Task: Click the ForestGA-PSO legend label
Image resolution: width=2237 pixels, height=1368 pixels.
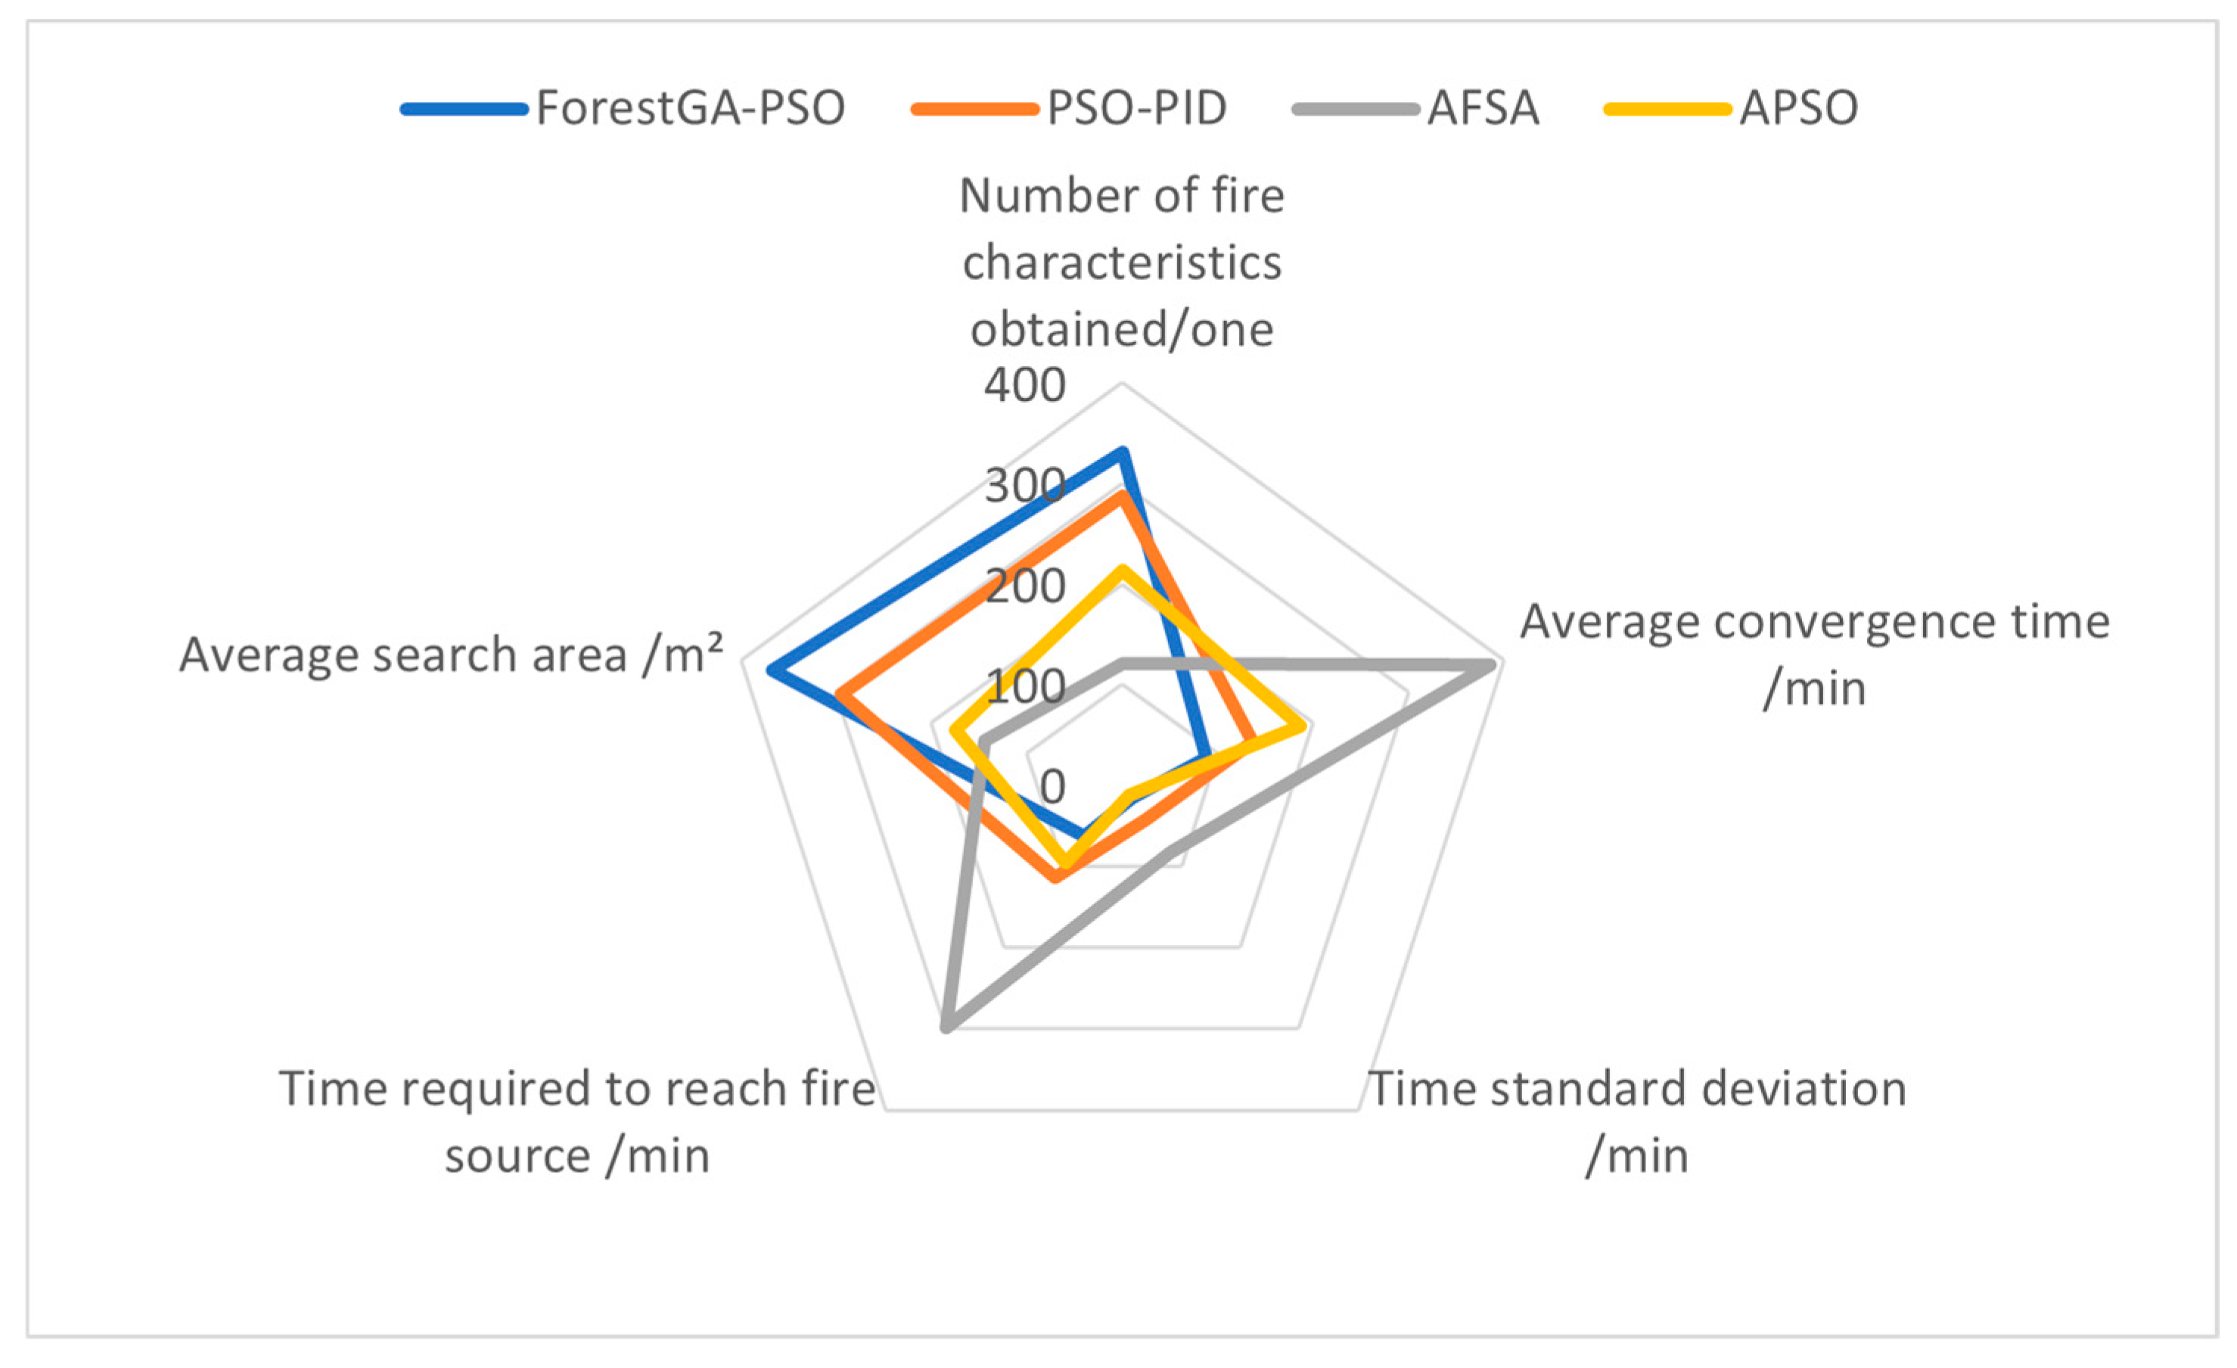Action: [690, 108]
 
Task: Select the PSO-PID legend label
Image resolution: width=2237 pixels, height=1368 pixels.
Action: [1137, 108]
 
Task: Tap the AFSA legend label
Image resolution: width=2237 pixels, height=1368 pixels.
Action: [1484, 108]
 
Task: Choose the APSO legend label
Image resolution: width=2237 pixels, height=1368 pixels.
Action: [1798, 108]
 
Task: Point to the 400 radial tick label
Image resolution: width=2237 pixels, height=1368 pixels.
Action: [1025, 386]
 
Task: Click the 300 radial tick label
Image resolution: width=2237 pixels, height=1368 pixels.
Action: [1025, 487]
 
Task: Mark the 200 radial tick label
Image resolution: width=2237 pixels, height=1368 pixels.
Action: [1025, 586]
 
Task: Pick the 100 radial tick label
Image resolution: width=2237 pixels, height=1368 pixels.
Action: [1025, 686]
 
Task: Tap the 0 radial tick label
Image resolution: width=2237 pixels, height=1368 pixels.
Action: [1052, 786]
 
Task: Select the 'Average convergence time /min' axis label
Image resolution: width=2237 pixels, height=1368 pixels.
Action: [1814, 654]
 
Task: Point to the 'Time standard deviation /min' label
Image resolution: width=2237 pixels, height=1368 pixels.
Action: [1637, 1121]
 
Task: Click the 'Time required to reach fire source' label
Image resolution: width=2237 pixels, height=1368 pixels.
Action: [577, 1121]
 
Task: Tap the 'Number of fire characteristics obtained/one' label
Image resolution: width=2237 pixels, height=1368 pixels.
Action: [1122, 263]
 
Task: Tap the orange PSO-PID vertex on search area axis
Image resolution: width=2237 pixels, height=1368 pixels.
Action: [840, 695]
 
